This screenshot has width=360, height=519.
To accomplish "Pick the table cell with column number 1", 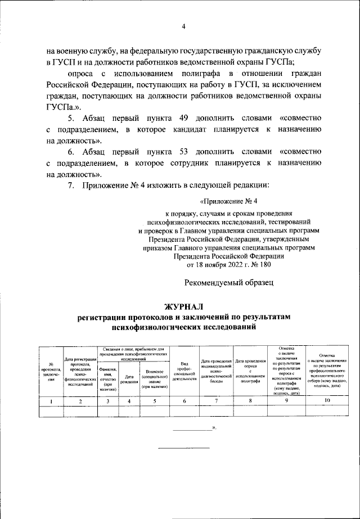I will [x=51, y=400].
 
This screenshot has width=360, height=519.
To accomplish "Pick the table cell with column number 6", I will [x=184, y=400].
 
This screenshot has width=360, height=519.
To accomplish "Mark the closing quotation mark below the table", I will [x=214, y=428].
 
